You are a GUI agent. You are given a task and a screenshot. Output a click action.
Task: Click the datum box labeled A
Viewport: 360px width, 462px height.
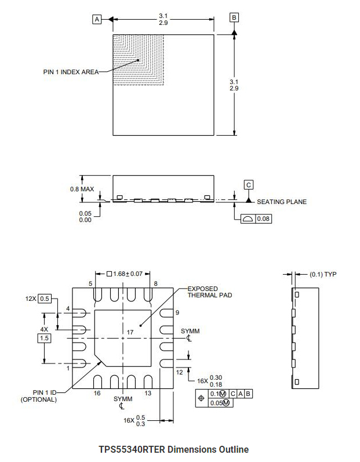(97, 19)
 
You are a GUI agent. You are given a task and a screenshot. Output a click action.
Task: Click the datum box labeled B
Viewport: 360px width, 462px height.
(234, 17)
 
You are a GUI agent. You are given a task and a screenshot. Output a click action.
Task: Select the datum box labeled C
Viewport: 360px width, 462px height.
(249, 185)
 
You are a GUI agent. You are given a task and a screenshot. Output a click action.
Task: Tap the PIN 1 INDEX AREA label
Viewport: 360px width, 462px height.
(71, 72)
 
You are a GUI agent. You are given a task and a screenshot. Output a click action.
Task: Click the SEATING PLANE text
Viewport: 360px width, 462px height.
(282, 202)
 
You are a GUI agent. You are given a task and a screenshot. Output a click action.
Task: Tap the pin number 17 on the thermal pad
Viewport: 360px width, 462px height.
(130, 332)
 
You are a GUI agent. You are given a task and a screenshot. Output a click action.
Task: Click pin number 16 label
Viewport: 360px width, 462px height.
(97, 393)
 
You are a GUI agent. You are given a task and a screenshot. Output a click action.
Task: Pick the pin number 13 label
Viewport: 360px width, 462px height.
(148, 393)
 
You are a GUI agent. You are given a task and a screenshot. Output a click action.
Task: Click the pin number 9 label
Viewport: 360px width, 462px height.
(177, 313)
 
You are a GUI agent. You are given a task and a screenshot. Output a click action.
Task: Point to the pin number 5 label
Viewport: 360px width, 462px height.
(90, 283)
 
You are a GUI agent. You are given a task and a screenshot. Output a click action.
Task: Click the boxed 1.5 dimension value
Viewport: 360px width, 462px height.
(45, 337)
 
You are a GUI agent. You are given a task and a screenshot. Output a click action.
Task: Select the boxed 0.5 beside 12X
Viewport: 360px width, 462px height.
(45, 299)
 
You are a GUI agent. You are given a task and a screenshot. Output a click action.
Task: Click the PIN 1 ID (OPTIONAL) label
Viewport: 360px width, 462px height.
(39, 395)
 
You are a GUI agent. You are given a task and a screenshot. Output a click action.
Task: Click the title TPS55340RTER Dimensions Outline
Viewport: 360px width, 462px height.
(174, 449)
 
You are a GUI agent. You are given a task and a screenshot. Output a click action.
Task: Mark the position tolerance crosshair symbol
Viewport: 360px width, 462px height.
(201, 398)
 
